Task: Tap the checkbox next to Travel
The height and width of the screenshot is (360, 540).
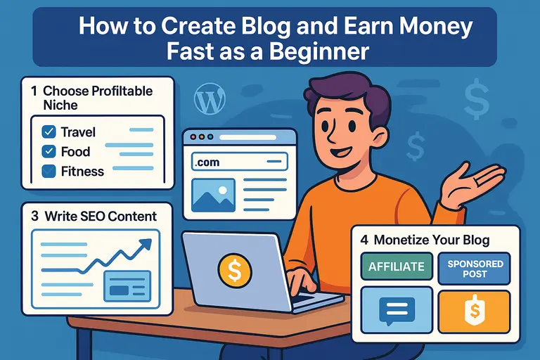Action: coord(49,131)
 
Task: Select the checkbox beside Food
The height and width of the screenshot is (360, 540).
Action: coord(49,151)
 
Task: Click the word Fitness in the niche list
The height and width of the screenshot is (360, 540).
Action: coord(82,171)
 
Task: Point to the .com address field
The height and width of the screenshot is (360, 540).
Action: coord(238,162)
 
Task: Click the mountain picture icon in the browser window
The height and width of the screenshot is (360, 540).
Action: coord(214,195)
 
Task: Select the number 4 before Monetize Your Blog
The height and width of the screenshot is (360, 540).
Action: coord(364,239)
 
